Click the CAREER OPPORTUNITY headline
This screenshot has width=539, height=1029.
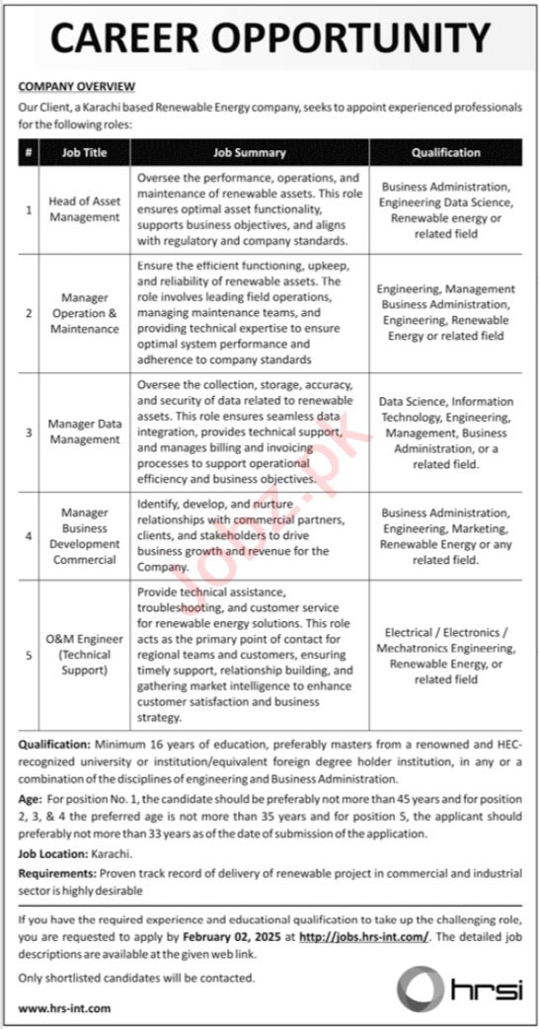coord(269,39)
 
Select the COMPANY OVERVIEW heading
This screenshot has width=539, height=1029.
coord(77,87)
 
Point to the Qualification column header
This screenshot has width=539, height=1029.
coord(445,153)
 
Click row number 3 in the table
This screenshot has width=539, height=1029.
coord(30,432)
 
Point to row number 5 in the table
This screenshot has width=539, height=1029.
coord(30,654)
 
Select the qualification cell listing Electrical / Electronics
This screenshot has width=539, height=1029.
coord(445,654)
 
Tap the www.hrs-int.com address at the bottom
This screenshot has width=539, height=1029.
coord(64,1008)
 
